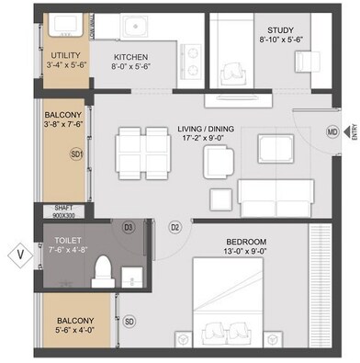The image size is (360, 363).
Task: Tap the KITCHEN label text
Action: (130, 55)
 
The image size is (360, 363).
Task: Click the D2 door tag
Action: (174, 226)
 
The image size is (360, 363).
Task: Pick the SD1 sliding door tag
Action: (78, 153)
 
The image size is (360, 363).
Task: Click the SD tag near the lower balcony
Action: (129, 321)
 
